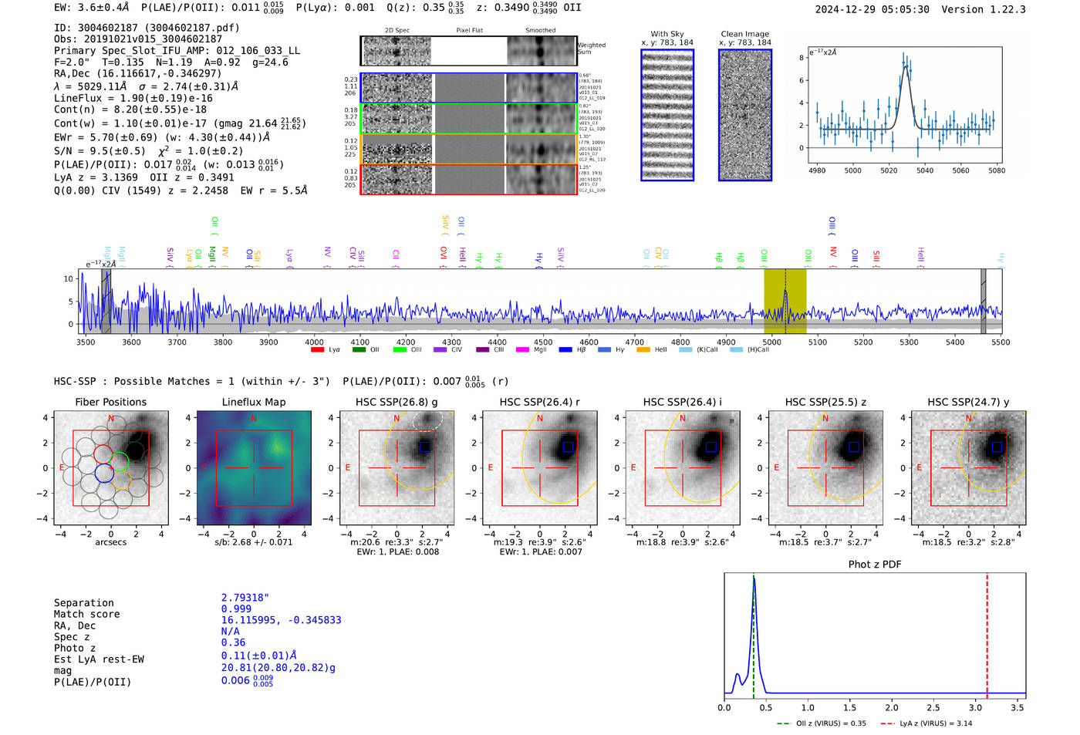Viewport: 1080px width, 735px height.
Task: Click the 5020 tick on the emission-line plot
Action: (x=889, y=170)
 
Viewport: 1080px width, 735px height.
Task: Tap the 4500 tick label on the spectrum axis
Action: (x=543, y=342)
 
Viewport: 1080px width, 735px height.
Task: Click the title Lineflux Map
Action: (x=253, y=402)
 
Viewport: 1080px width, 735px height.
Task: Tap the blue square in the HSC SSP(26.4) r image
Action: (x=568, y=447)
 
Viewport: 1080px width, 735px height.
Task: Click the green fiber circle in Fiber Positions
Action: (x=119, y=461)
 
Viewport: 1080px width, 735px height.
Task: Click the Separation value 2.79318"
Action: (x=245, y=598)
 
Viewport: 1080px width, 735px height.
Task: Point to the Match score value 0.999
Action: (x=236, y=609)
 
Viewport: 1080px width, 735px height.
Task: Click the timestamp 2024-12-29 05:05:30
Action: (x=872, y=9)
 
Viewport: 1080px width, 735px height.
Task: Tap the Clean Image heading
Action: (x=744, y=34)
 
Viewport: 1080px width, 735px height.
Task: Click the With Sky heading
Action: (x=667, y=34)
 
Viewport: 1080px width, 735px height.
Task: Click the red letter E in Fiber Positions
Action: (x=62, y=467)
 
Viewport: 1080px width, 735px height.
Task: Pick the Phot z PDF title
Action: (x=874, y=565)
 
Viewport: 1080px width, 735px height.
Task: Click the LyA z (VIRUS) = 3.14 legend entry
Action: (x=935, y=723)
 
